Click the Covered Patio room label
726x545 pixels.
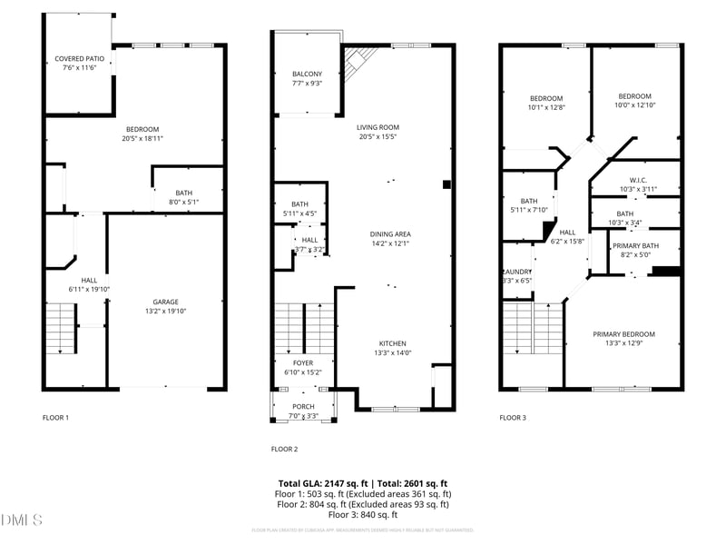tap(81, 58)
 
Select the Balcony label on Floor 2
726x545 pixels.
tap(307, 74)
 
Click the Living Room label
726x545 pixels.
tap(378, 127)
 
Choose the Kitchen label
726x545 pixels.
tap(392, 342)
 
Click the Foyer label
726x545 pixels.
tap(303, 362)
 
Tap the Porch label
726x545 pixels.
tap(303, 406)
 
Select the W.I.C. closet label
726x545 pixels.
tap(637, 179)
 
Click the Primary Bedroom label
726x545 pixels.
tap(623, 334)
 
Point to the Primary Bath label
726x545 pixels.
tap(635, 246)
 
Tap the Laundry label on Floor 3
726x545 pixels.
tap(517, 272)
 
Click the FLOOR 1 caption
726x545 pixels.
tap(55, 418)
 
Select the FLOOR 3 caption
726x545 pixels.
tap(512, 418)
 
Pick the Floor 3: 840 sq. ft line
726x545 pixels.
tap(363, 514)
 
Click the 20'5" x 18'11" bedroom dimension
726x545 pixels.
tap(136, 139)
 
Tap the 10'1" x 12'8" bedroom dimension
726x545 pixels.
tap(546, 107)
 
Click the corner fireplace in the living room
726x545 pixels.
tap(359, 61)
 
